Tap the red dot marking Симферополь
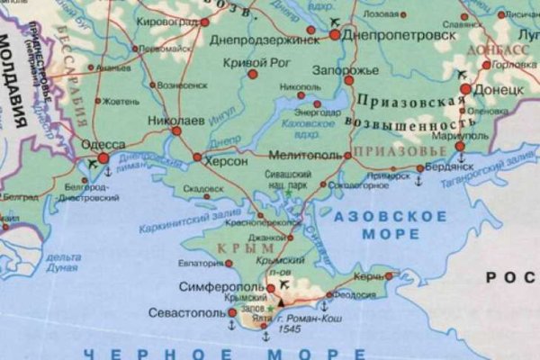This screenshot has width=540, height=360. coord(271,289)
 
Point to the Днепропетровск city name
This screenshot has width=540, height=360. coord(393,33)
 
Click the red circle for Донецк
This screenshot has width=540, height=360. coord(466,89)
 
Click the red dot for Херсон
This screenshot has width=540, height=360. coord(197,157)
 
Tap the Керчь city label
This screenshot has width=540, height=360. coord(368,275)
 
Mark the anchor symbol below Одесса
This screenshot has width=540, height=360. coord(108,171)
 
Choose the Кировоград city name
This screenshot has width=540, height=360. coord(168,20)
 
